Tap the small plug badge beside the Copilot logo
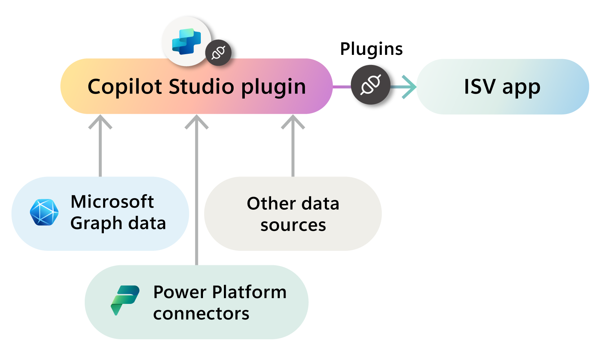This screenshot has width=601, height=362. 218,53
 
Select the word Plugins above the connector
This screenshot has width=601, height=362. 371,49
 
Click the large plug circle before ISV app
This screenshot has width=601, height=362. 371,85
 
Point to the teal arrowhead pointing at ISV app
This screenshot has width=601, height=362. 410,87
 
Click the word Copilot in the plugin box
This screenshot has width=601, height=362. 125,87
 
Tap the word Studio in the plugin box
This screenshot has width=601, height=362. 202,87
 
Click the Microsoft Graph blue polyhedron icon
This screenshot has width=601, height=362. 44,213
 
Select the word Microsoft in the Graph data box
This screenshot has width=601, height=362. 112,201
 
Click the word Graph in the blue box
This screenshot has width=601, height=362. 96,224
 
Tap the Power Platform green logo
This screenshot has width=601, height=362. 125,300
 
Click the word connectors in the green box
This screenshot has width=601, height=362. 201,313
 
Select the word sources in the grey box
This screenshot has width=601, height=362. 293,225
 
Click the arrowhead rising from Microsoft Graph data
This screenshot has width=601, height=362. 100,121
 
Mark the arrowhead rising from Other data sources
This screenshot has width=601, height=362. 293,121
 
